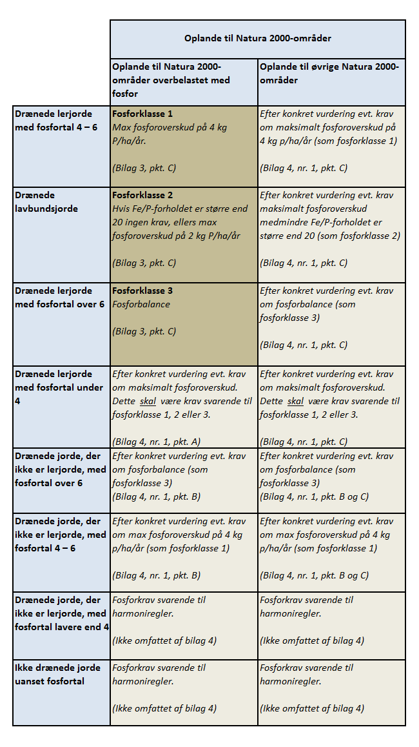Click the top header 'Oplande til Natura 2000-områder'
point(258,39)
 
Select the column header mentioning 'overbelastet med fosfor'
point(171,80)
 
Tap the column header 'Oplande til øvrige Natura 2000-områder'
point(329,74)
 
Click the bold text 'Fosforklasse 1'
point(142,113)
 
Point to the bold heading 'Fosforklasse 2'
point(142,195)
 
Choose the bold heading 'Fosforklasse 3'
point(142,291)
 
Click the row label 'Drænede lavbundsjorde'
point(46,201)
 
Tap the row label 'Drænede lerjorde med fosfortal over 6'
point(59,297)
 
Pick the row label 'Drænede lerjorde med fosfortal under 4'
point(59,387)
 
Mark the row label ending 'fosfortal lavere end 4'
point(61,613)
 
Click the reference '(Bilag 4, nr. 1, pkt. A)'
point(157,442)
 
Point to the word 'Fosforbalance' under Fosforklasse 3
point(141,304)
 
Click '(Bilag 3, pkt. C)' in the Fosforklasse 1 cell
point(144,168)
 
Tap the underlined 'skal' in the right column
point(295,401)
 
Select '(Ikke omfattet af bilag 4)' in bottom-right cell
point(312,708)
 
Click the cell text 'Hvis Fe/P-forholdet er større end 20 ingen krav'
point(179,215)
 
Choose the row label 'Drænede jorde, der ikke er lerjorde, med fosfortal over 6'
point(61,469)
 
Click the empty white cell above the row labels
point(60,62)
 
